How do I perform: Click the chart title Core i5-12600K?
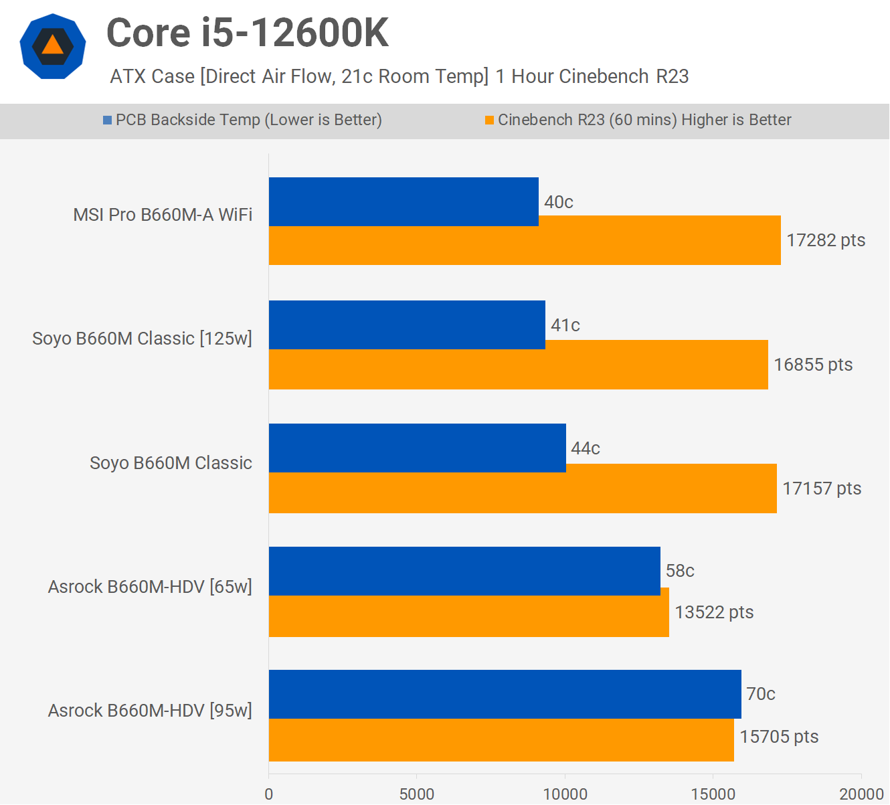[x=248, y=33]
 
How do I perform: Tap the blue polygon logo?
[x=53, y=46]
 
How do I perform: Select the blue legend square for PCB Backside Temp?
[x=107, y=120]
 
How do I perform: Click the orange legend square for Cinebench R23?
[x=489, y=120]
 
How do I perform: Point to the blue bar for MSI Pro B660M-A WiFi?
[x=404, y=201]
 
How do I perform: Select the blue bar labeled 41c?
[x=407, y=325]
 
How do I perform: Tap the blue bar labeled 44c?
[x=417, y=448]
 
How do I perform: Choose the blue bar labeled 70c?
[x=505, y=694]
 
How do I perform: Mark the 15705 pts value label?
[x=779, y=737]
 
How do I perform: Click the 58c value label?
[x=680, y=571]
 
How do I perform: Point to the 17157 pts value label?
[x=822, y=488]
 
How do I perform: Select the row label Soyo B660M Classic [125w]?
[x=142, y=339]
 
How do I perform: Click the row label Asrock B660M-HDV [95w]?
[x=150, y=710]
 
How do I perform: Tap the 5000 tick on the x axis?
[x=417, y=794]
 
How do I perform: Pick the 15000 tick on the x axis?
[x=713, y=794]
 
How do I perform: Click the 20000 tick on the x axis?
[x=861, y=794]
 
